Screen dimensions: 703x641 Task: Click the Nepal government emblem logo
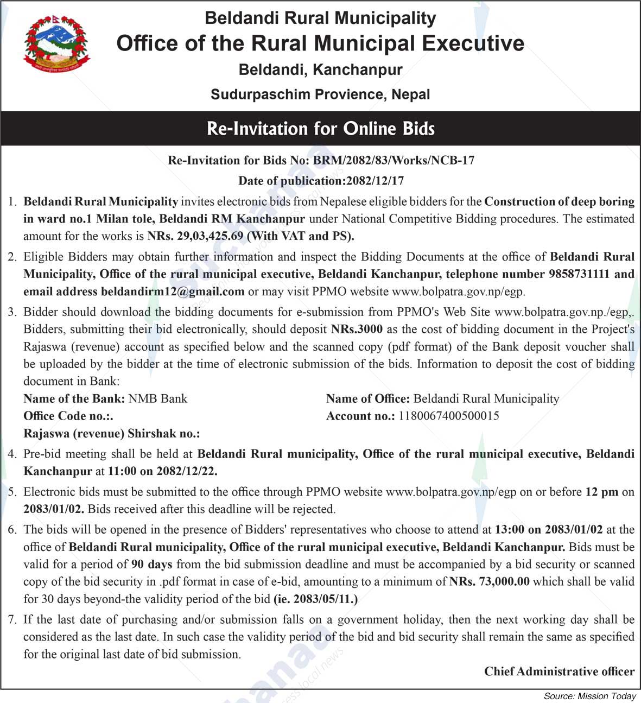pos(56,44)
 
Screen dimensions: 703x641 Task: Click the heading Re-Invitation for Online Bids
pos(321,129)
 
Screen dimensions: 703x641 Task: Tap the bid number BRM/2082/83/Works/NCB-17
pos(394,160)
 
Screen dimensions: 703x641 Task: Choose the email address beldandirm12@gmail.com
pos(173,292)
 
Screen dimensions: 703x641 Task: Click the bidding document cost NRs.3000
pos(357,330)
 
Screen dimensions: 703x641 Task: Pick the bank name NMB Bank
pos(157,399)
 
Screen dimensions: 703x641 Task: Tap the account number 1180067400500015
pos(448,416)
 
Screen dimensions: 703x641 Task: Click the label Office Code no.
pos(68,416)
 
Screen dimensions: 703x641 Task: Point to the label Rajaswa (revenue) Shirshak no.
pos(111,434)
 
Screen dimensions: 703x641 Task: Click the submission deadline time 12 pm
pos(601,492)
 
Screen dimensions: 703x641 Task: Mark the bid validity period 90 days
pos(152,565)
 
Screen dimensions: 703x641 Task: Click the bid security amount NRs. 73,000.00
pos(489,582)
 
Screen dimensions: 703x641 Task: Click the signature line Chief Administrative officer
pos(559,672)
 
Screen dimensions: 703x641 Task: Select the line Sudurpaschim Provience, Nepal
pos(320,94)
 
